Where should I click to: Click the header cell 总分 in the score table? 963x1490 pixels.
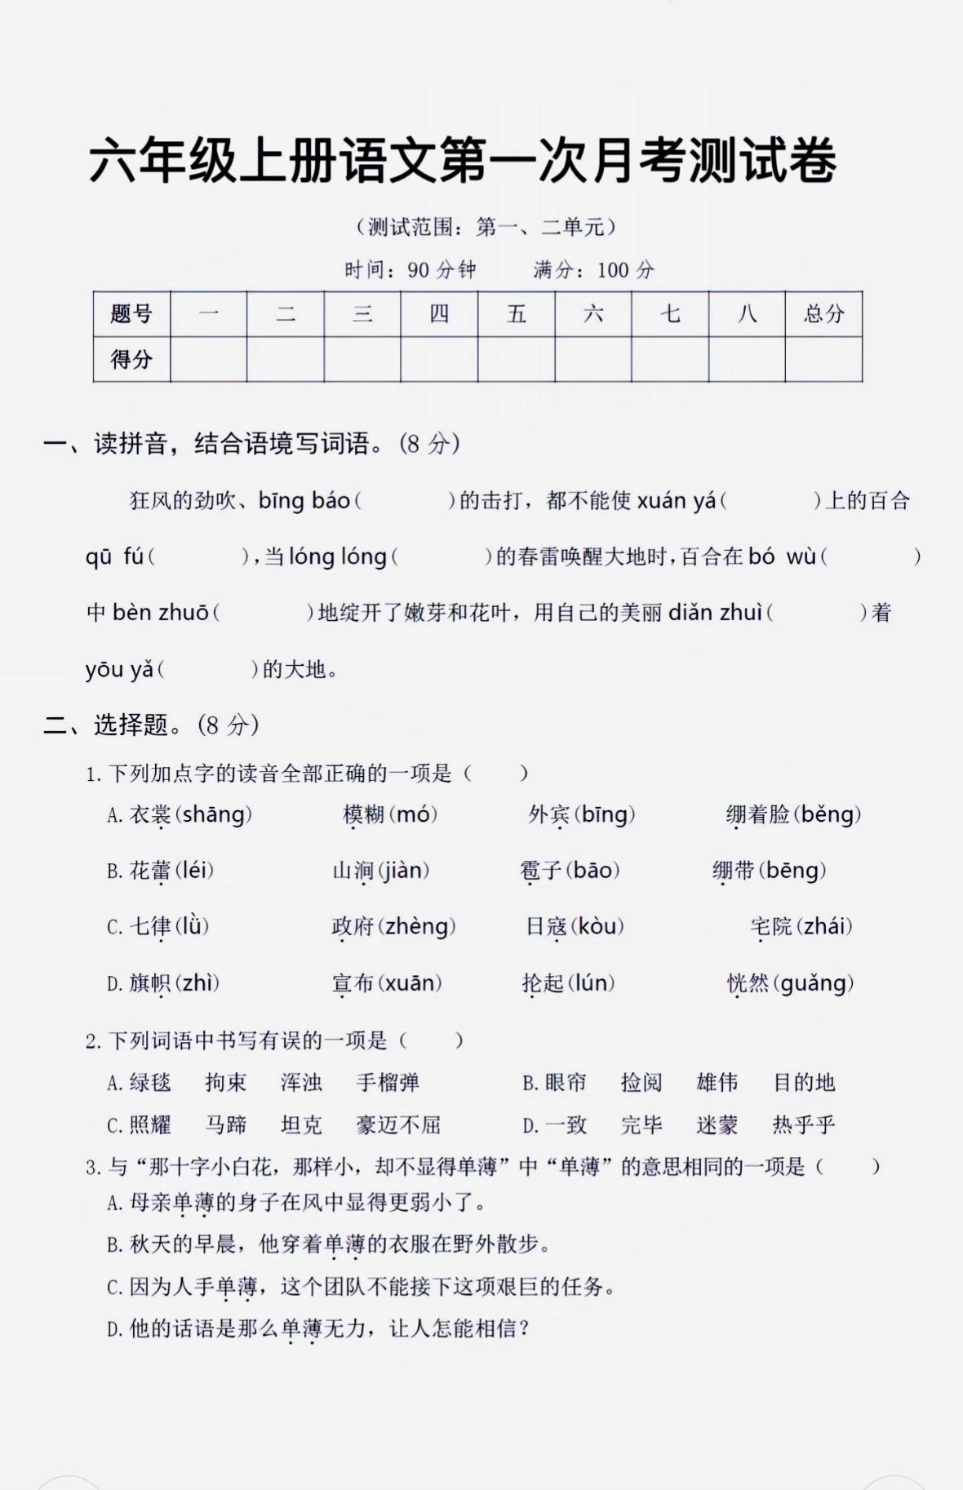point(823,314)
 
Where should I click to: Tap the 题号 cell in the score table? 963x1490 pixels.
point(131,314)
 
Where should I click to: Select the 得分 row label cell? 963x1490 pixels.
point(131,359)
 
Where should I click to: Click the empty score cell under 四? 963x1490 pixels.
point(439,359)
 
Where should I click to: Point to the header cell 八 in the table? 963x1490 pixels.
point(747,314)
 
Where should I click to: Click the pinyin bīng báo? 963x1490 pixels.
point(304,500)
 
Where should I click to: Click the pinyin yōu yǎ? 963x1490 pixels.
point(119,669)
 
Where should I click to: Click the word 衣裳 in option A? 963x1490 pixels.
point(150,814)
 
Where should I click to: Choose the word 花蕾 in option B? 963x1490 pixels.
point(150,871)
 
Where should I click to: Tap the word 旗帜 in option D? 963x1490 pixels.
point(150,983)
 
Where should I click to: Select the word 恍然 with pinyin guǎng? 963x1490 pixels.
point(748,983)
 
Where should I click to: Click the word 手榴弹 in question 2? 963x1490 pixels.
point(388,1083)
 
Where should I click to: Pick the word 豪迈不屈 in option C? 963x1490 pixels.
point(398,1125)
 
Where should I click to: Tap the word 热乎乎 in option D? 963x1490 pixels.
point(804,1125)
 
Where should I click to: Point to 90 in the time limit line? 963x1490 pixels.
point(418,270)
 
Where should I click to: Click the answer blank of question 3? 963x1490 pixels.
point(849,1167)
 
